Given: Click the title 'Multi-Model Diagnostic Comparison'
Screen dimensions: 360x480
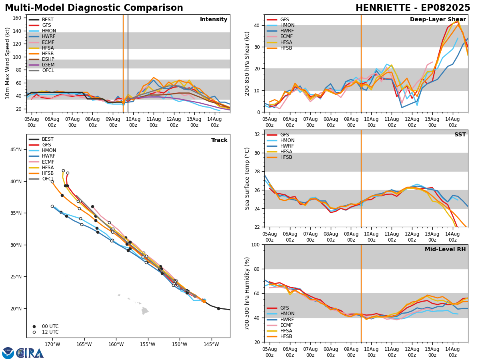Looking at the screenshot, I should coord(94,8).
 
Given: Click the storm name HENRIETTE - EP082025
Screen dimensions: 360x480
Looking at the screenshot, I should coord(413,8).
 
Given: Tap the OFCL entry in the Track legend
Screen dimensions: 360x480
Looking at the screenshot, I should coord(48,179).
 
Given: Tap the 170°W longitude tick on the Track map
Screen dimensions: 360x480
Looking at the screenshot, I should coord(52,344).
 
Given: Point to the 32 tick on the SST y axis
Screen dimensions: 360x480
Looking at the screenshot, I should coord(258,134).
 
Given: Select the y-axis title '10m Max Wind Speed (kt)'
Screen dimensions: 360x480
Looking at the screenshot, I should coord(8,63).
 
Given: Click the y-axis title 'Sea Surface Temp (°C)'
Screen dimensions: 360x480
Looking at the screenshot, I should coord(247,178).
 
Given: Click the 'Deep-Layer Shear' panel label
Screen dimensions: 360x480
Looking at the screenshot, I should coord(438,20).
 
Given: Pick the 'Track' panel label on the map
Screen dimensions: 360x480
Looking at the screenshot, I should coord(219,140).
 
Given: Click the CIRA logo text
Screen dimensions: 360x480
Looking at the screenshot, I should coord(30,353).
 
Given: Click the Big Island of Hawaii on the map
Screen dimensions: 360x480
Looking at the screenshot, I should coord(145,310).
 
